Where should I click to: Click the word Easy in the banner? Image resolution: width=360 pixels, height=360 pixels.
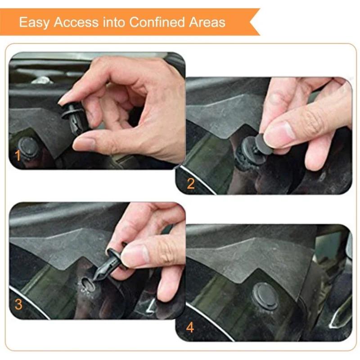tap(34, 22)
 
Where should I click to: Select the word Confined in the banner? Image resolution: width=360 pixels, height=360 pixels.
tap(158, 22)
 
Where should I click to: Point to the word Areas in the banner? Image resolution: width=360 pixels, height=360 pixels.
tap(207, 22)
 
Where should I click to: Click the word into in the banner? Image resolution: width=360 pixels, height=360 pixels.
tap(115, 22)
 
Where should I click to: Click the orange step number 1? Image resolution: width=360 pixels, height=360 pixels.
tap(18, 156)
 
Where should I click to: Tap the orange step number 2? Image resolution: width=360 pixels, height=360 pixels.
tap(190, 183)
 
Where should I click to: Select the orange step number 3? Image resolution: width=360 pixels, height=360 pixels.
tap(18, 305)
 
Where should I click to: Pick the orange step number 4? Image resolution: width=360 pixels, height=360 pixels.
tap(190, 327)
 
